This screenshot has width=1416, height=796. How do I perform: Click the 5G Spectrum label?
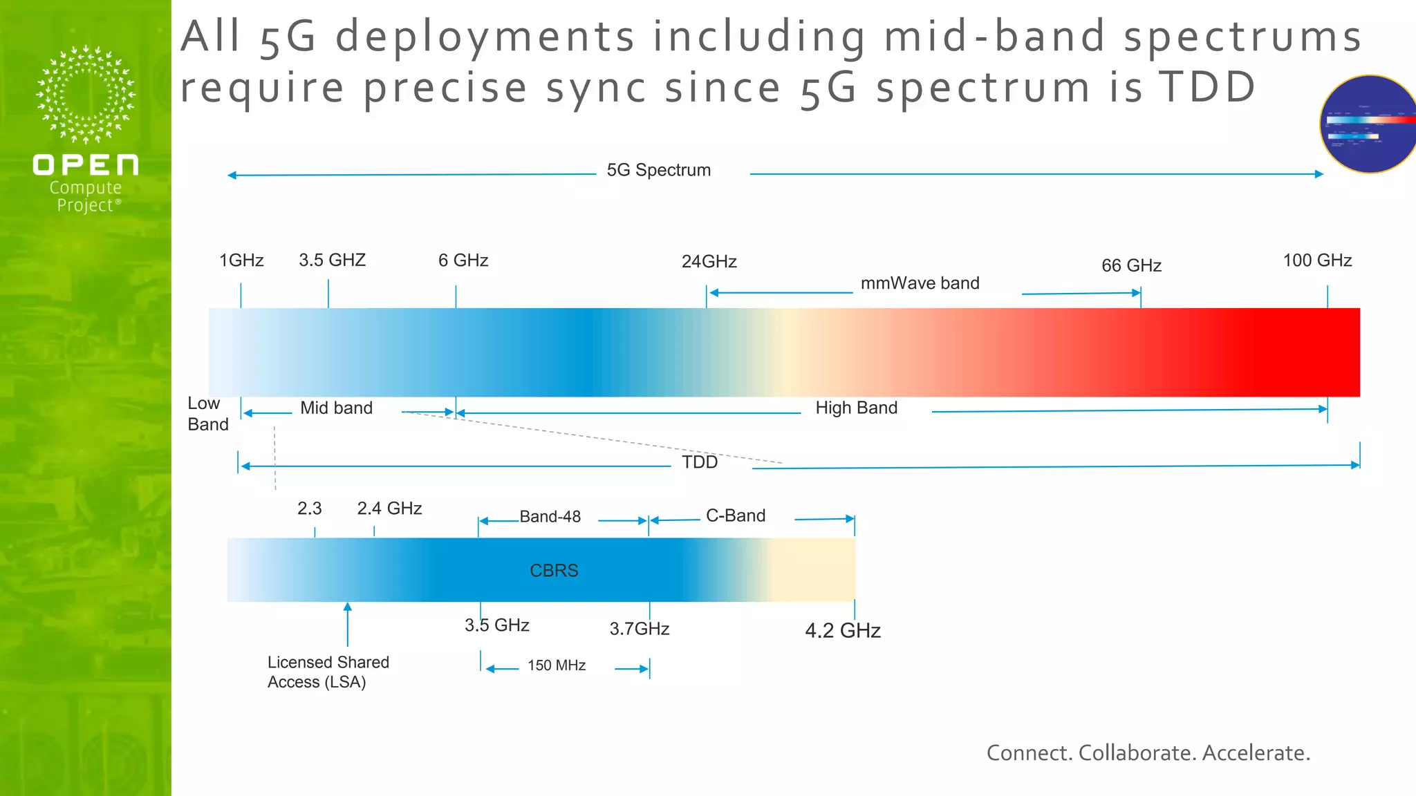click(658, 170)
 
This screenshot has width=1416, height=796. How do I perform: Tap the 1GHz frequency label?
click(241, 260)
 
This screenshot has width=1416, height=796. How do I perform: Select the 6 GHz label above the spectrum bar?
click(463, 260)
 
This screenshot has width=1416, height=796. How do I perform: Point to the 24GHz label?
click(709, 262)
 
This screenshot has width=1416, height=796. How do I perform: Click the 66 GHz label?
click(1131, 265)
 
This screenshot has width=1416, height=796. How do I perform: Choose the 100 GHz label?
click(1317, 260)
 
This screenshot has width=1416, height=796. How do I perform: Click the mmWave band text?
click(920, 283)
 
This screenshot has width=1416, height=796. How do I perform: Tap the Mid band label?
click(336, 408)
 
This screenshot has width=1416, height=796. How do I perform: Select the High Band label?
click(856, 408)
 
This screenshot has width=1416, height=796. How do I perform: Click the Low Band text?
click(207, 414)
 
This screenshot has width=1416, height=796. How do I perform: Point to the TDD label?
click(700, 462)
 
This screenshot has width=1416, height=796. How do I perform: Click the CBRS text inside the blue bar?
click(554, 571)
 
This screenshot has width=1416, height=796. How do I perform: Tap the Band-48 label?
click(550, 517)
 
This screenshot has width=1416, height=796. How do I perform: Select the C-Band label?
click(736, 516)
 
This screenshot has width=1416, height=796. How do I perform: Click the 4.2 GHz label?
click(842, 631)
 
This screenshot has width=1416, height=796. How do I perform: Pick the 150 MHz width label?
click(557, 665)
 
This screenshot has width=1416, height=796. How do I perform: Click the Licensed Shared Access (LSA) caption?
click(328, 672)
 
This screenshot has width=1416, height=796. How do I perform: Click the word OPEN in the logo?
click(86, 165)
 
